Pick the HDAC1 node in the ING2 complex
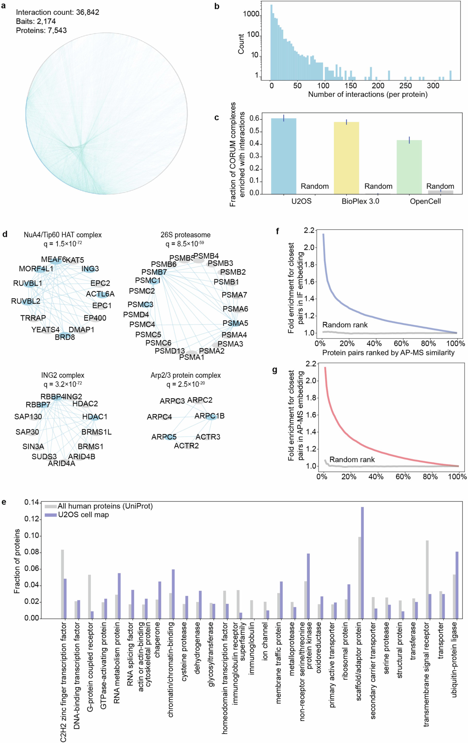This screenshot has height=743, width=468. [x=95, y=417]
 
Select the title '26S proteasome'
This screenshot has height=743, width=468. [x=185, y=235]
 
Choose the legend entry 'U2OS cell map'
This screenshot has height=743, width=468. [x=83, y=515]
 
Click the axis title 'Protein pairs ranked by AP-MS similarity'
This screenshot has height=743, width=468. [x=388, y=352]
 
